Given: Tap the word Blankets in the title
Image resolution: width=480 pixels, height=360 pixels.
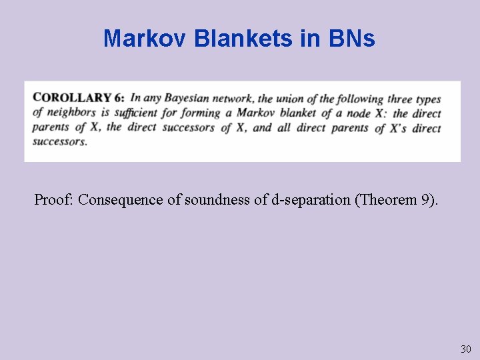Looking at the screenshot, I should pos(243,39).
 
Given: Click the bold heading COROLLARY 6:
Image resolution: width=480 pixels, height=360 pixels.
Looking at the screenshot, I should pos(79,97).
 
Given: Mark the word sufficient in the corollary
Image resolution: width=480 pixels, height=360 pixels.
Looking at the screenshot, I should pos(136,112).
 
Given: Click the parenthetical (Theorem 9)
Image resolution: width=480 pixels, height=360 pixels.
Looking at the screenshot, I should pos(397,199).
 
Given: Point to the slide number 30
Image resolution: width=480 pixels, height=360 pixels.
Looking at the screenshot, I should pos(465,349).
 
